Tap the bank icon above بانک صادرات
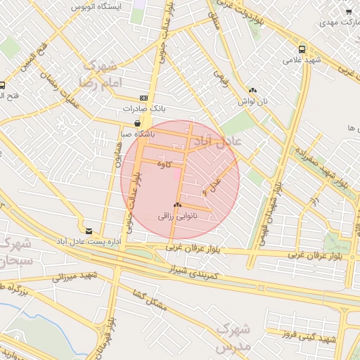point(144,98)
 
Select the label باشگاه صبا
point(138,133)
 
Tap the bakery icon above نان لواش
point(252,90)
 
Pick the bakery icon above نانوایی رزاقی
point(177,206)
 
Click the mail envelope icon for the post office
point(89,231)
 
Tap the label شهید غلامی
point(302,60)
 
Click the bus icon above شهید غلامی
point(302,49)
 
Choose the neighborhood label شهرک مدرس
point(233,338)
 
